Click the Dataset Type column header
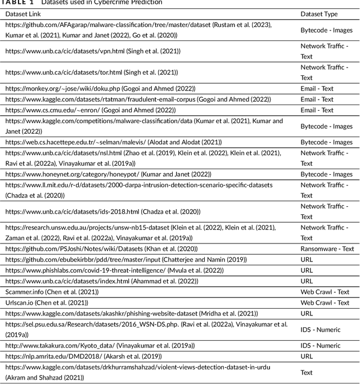[x=319, y=13]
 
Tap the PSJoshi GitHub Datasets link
[x=68, y=249]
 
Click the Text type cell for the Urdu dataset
[x=307, y=372]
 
